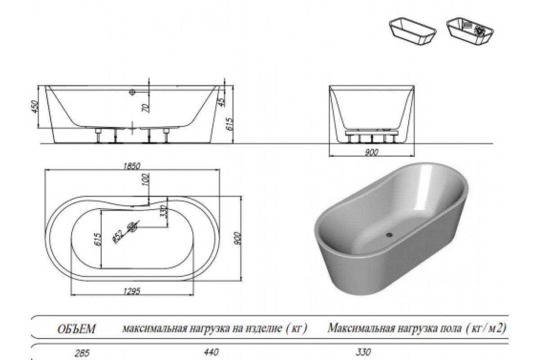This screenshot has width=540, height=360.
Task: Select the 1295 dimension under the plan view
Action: [x=132, y=291]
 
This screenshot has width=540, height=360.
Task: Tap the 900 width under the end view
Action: [x=371, y=152]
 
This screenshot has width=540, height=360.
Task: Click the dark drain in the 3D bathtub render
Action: [x=390, y=234]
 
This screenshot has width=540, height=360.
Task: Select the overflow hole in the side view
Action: [x=132, y=92]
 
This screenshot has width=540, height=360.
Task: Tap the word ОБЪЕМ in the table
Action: [x=76, y=329]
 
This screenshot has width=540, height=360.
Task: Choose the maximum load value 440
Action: [x=213, y=352]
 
